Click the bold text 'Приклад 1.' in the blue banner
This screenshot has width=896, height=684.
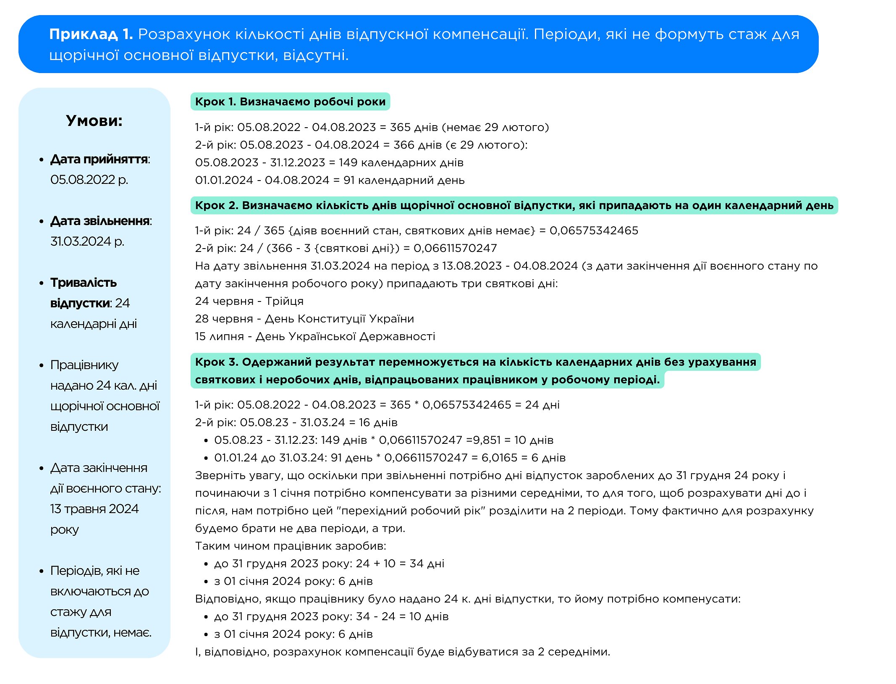click(91, 34)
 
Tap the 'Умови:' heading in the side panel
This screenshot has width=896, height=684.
click(94, 121)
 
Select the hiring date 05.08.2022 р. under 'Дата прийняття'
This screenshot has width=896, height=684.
click(89, 180)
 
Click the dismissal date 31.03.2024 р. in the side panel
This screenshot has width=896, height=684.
click(87, 241)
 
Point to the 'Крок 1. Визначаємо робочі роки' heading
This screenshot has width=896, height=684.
click(290, 102)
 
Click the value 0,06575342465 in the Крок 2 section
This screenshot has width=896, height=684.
click(594, 231)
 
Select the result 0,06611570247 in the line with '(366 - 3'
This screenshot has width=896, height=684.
click(455, 248)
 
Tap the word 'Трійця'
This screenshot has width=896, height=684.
click(284, 301)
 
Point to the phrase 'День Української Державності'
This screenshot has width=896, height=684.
click(345, 336)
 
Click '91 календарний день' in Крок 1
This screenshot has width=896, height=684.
click(404, 180)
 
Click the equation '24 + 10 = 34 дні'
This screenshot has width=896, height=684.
click(400, 563)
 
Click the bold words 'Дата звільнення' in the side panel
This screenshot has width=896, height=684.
click(100, 221)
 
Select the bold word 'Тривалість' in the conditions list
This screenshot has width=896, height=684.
click(84, 283)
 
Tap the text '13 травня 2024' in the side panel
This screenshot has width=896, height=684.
click(94, 509)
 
